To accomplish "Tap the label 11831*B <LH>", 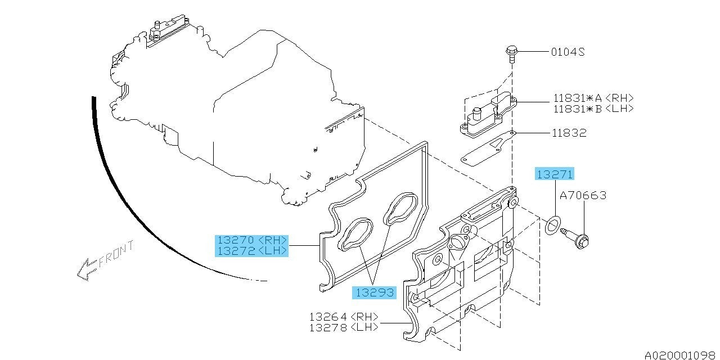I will pos(593,109).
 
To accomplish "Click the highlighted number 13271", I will pos(554,174).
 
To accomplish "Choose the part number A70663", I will pos(583,196).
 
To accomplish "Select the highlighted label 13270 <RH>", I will pos(251,240).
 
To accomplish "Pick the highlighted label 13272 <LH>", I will pos(251,251).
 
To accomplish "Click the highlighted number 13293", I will pos(373,292).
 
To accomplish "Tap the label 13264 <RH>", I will pos(343,317).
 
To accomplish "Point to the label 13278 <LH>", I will pos(343,327).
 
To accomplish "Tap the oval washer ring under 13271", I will pos(553,225).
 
